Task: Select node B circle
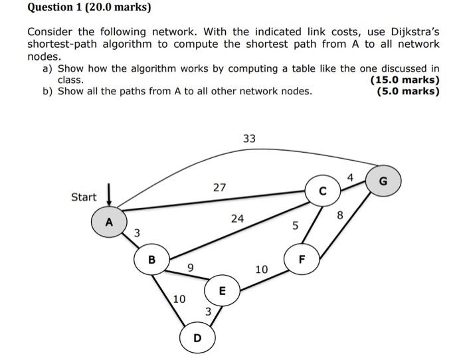coord(151,260)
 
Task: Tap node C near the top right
coord(322,191)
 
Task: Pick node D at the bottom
coord(197,338)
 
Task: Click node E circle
coord(222,290)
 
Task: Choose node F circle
coord(301,259)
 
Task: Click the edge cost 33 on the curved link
coord(249,139)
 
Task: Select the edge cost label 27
coord(220,188)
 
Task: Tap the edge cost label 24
coord(237,218)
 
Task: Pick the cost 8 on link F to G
coord(339,215)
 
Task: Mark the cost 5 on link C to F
coord(296,226)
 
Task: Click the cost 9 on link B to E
coord(191,268)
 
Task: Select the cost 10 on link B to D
coord(179,300)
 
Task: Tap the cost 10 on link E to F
coord(260,269)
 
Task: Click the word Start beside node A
coord(84,197)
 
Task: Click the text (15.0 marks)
coord(405,80)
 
